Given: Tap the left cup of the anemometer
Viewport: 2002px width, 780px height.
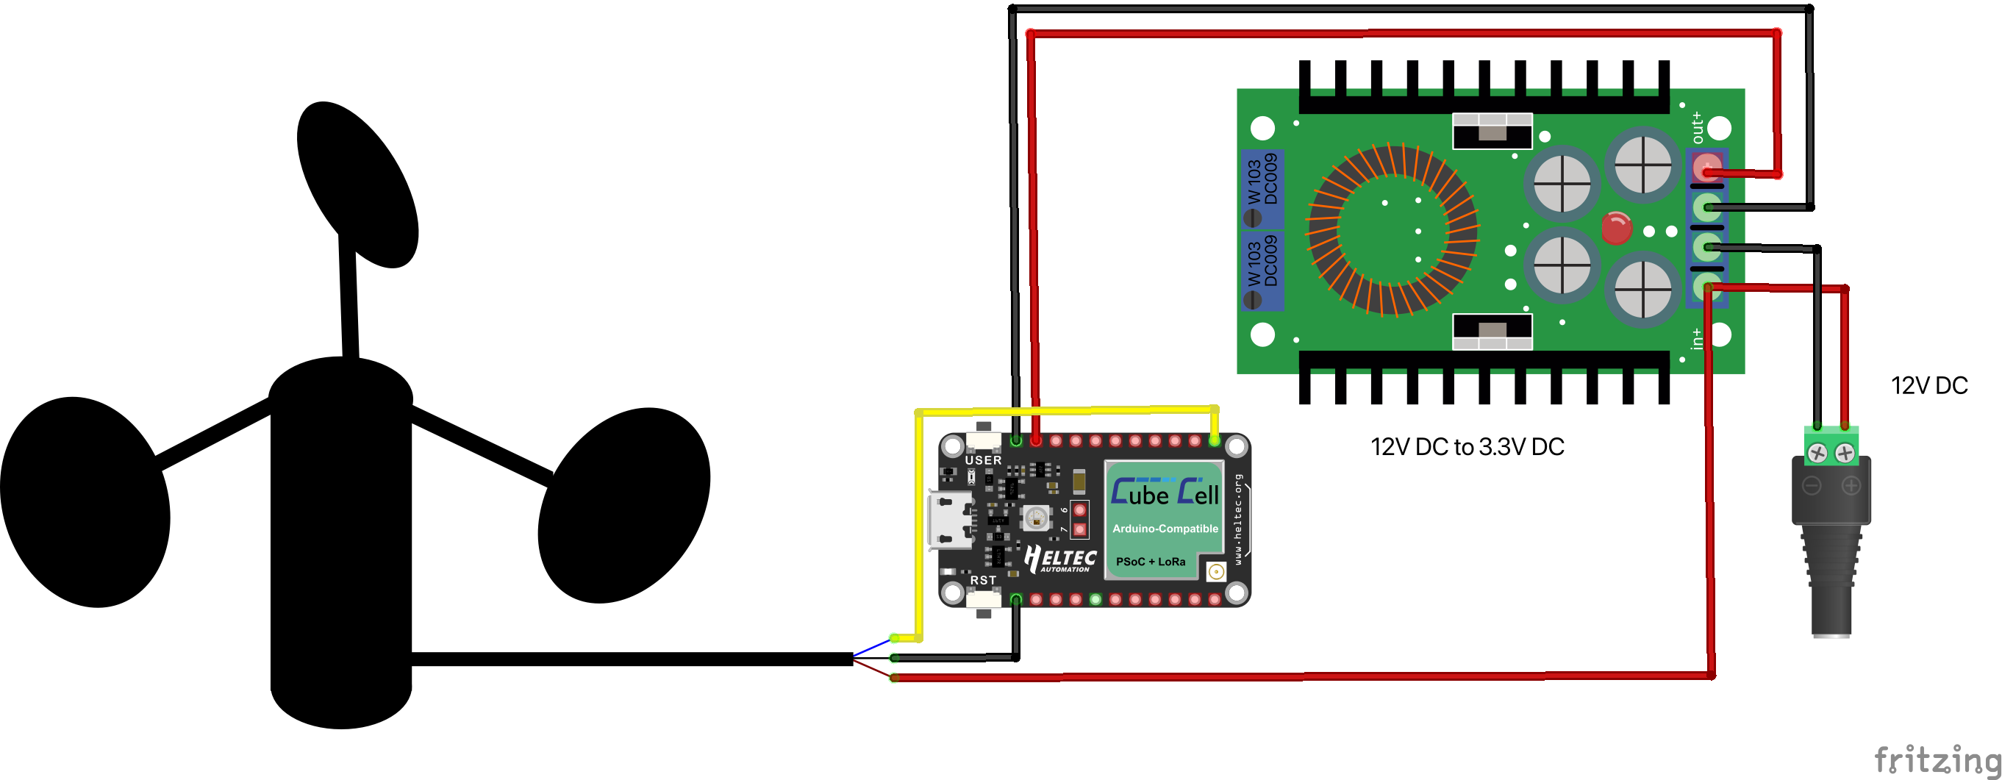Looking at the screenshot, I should click(x=84, y=502).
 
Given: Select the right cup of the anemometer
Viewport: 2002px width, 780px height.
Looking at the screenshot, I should click(x=624, y=504).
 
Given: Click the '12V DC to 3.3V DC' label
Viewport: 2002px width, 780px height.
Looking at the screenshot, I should click(x=1467, y=448).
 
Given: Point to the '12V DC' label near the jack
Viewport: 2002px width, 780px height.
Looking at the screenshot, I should click(x=1929, y=386).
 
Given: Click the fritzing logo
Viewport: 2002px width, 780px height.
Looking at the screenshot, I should click(x=1935, y=759).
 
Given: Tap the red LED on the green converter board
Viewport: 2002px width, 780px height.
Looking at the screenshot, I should click(x=1616, y=229).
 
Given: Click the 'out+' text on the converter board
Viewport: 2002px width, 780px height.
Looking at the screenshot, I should click(x=1697, y=127).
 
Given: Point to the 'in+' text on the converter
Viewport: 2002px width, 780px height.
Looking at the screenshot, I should click(x=1697, y=339).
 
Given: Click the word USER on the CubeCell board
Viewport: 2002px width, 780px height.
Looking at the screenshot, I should click(x=983, y=460).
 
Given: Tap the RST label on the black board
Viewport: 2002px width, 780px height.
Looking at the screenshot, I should click(x=982, y=580).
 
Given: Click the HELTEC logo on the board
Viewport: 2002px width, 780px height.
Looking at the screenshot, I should click(x=1060, y=559).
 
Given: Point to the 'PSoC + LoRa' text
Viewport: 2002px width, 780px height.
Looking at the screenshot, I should click(x=1150, y=562).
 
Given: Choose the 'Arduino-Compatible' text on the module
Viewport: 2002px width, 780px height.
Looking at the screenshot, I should click(x=1165, y=529).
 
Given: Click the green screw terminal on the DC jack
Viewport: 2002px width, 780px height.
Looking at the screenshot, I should click(x=1830, y=450).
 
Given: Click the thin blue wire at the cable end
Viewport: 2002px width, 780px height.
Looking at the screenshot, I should click(x=871, y=647).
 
